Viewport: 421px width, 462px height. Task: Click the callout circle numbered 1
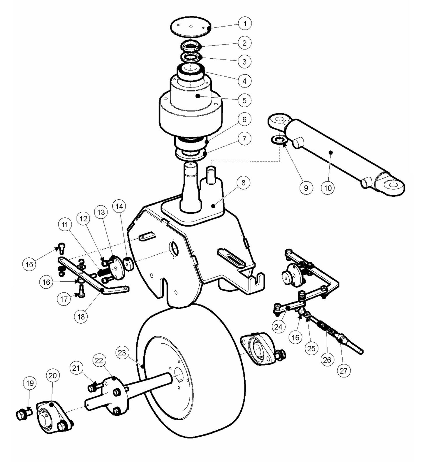coord(245,23)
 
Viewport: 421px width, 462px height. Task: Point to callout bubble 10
coord(328,188)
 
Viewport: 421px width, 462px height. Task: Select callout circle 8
coord(243,183)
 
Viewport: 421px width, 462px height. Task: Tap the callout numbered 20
coord(52,376)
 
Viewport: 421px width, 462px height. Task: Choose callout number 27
coord(344,371)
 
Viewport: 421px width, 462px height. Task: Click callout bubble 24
coord(278,327)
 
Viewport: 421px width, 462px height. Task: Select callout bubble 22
coord(99,361)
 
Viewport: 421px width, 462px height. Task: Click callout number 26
coord(327,360)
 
